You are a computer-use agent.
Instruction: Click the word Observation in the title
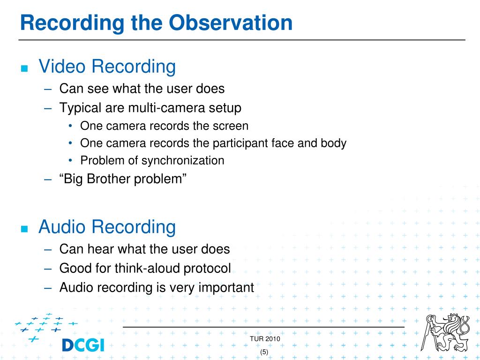point(231,22)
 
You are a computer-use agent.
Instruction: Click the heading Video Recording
point(107,67)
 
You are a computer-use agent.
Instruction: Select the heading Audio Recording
point(107,227)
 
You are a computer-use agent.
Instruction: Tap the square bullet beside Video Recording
point(24,68)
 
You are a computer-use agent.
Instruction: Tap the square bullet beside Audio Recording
point(24,229)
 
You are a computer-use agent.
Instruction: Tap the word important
point(226,288)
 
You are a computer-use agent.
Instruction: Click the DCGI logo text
point(83,345)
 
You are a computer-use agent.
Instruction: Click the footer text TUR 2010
point(265,338)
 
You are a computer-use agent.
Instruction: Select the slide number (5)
point(264,352)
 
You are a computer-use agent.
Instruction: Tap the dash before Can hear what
point(48,250)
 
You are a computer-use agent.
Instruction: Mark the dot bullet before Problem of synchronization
point(71,160)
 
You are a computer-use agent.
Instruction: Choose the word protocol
point(207,269)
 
